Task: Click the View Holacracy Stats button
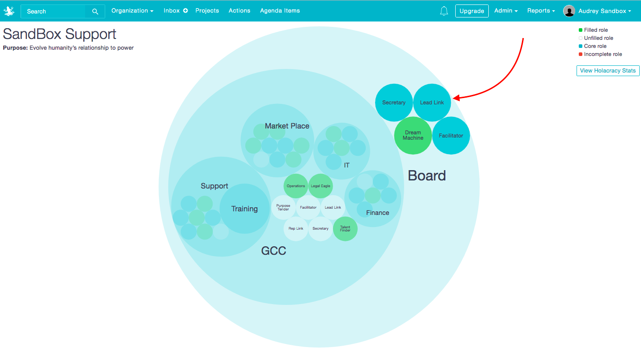click(607, 71)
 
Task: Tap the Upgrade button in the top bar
click(471, 11)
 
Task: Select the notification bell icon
click(444, 11)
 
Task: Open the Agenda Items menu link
click(280, 11)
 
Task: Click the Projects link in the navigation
click(207, 11)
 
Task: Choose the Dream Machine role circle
click(413, 135)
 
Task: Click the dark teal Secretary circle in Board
click(394, 103)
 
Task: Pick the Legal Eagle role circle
click(320, 186)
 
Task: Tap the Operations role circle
click(296, 186)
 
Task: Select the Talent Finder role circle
click(345, 229)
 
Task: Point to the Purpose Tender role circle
click(283, 208)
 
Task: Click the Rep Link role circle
click(296, 229)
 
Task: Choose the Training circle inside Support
click(244, 209)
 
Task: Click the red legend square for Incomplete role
click(581, 54)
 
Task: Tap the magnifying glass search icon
click(95, 11)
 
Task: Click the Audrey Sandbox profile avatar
click(569, 11)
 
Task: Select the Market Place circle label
click(287, 126)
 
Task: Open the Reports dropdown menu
click(541, 11)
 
